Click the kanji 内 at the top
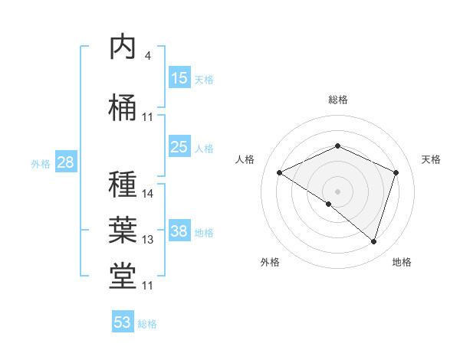[x=123, y=47]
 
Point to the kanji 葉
[x=123, y=229]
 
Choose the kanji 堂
[x=123, y=276]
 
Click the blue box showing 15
[x=179, y=78]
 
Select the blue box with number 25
[x=179, y=147]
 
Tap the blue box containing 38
[x=179, y=231]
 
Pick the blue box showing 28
[x=65, y=162]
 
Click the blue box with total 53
[x=123, y=322]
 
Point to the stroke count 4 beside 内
[x=147, y=56]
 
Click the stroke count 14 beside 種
[x=148, y=194]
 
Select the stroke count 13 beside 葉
[x=148, y=240]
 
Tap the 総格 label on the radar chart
[x=338, y=100]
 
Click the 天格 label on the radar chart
[x=431, y=159]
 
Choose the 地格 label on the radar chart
[x=402, y=263]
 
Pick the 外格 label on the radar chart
[x=270, y=263]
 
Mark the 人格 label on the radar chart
[x=245, y=159]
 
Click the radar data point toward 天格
[x=396, y=172]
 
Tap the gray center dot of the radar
[x=337, y=191]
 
